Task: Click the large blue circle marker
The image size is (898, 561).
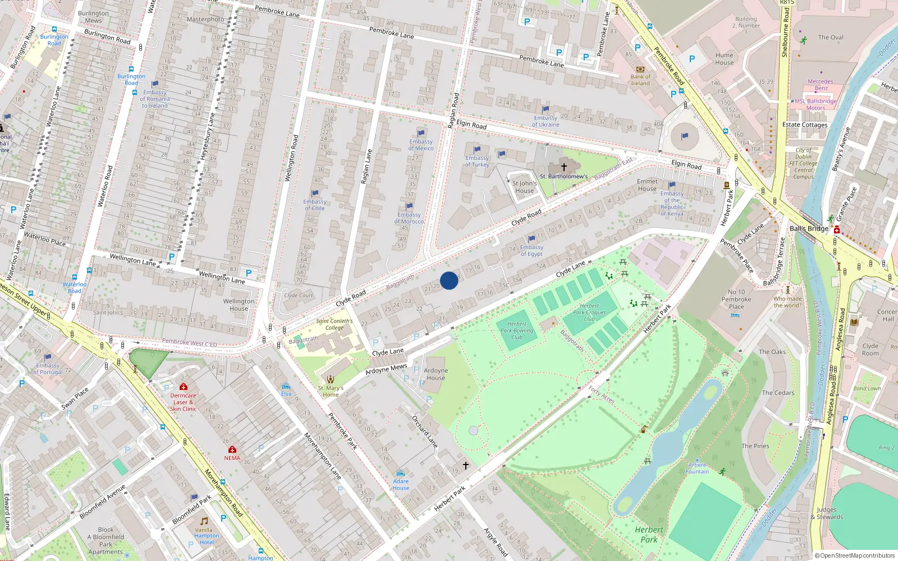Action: [449, 280]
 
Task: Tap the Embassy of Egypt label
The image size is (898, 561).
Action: [532, 251]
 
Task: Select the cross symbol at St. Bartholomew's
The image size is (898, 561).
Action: [564, 167]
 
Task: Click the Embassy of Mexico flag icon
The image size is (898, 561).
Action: [421, 134]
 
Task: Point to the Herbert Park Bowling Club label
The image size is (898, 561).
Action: [517, 330]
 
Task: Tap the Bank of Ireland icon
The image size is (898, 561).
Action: [640, 69]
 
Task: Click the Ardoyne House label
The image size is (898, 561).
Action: [436, 374]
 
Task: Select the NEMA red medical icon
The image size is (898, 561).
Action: [232, 450]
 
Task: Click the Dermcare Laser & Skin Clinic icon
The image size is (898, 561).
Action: [183, 387]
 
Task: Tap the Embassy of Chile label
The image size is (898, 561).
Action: [314, 205]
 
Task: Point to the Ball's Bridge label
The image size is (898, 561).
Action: [809, 228]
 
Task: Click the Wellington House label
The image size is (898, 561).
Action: [239, 305]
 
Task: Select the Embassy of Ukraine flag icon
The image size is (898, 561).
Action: [546, 110]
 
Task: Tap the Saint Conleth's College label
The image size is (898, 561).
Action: [334, 324]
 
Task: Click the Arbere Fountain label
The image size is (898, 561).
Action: [697, 468]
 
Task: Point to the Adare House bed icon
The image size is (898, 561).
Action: [401, 473]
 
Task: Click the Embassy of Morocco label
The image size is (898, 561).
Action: [409, 218]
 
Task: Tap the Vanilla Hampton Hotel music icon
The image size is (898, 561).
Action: [204, 521]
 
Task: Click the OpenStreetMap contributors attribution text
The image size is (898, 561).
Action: [854, 555]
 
